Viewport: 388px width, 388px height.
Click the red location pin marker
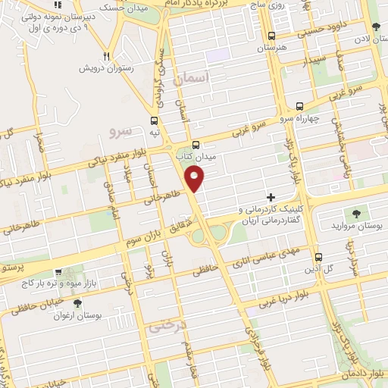pos(196,179)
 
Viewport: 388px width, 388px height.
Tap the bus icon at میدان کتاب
pos(196,145)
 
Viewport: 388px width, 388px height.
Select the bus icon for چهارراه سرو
pos(300,107)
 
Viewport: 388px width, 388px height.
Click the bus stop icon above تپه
pos(155,120)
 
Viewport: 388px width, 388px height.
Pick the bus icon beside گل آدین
pos(318,257)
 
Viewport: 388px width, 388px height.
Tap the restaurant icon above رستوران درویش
pos(107,56)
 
